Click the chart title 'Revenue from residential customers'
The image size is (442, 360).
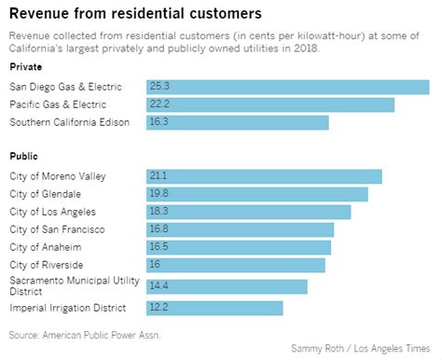pyautogui.click(x=135, y=14)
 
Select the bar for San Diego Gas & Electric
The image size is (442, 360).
pyautogui.click(x=287, y=87)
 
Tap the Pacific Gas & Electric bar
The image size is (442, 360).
pyautogui.click(x=269, y=104)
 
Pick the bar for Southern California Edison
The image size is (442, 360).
pyautogui.click(x=237, y=122)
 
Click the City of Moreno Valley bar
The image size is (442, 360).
pyautogui.click(x=264, y=176)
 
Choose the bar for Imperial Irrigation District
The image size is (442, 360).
pyautogui.click(x=214, y=308)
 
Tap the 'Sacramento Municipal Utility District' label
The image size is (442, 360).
pyautogui.click(x=74, y=286)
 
